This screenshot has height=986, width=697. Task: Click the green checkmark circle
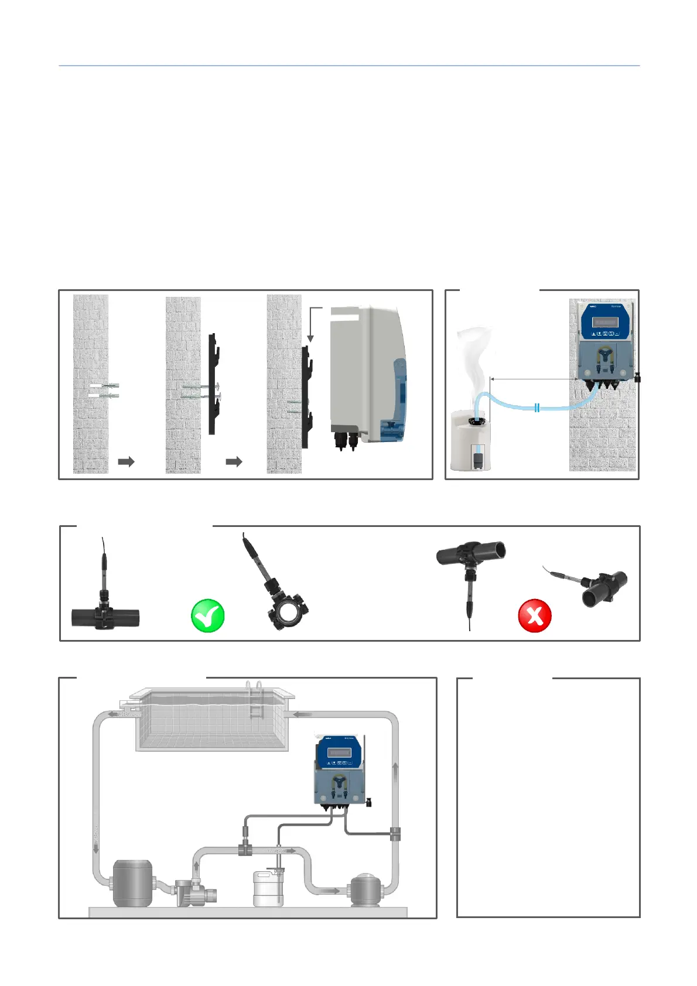coord(208,616)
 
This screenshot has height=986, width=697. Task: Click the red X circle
coord(535,616)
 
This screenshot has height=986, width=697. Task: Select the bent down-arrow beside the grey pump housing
coord(313,322)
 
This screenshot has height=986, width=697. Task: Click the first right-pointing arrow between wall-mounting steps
coord(126,461)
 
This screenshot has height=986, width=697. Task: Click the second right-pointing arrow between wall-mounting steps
coord(234,461)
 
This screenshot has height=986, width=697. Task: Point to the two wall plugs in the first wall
coord(104,391)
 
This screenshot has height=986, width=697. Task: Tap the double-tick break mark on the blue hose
coord(537,408)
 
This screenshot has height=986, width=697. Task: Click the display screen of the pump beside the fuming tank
coord(604,322)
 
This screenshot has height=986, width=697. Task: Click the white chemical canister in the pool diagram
coord(268,889)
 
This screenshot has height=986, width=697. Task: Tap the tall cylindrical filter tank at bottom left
coord(132,883)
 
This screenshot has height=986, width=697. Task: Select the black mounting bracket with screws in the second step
coord(213,384)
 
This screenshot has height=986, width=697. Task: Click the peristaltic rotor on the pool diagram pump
coord(339,783)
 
